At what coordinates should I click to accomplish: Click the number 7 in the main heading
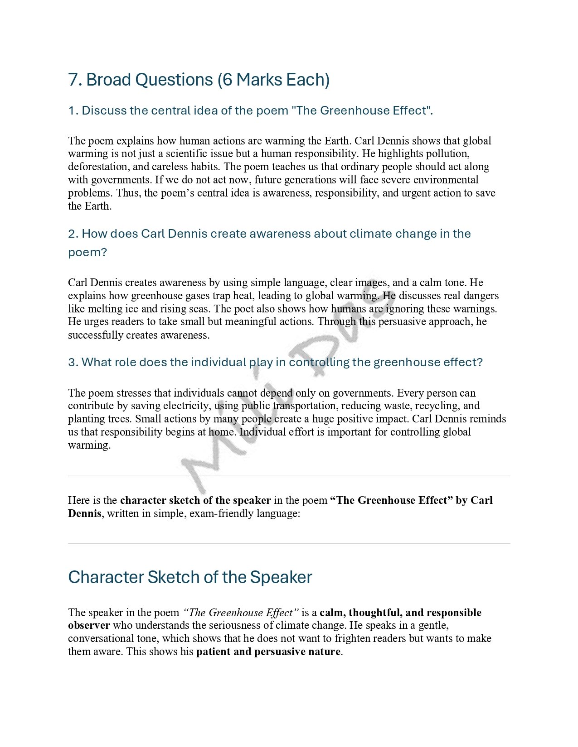(x=73, y=80)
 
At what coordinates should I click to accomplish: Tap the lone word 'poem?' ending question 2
(x=87, y=252)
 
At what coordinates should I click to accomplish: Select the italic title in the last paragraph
(x=241, y=613)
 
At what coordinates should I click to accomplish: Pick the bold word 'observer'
(x=89, y=626)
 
